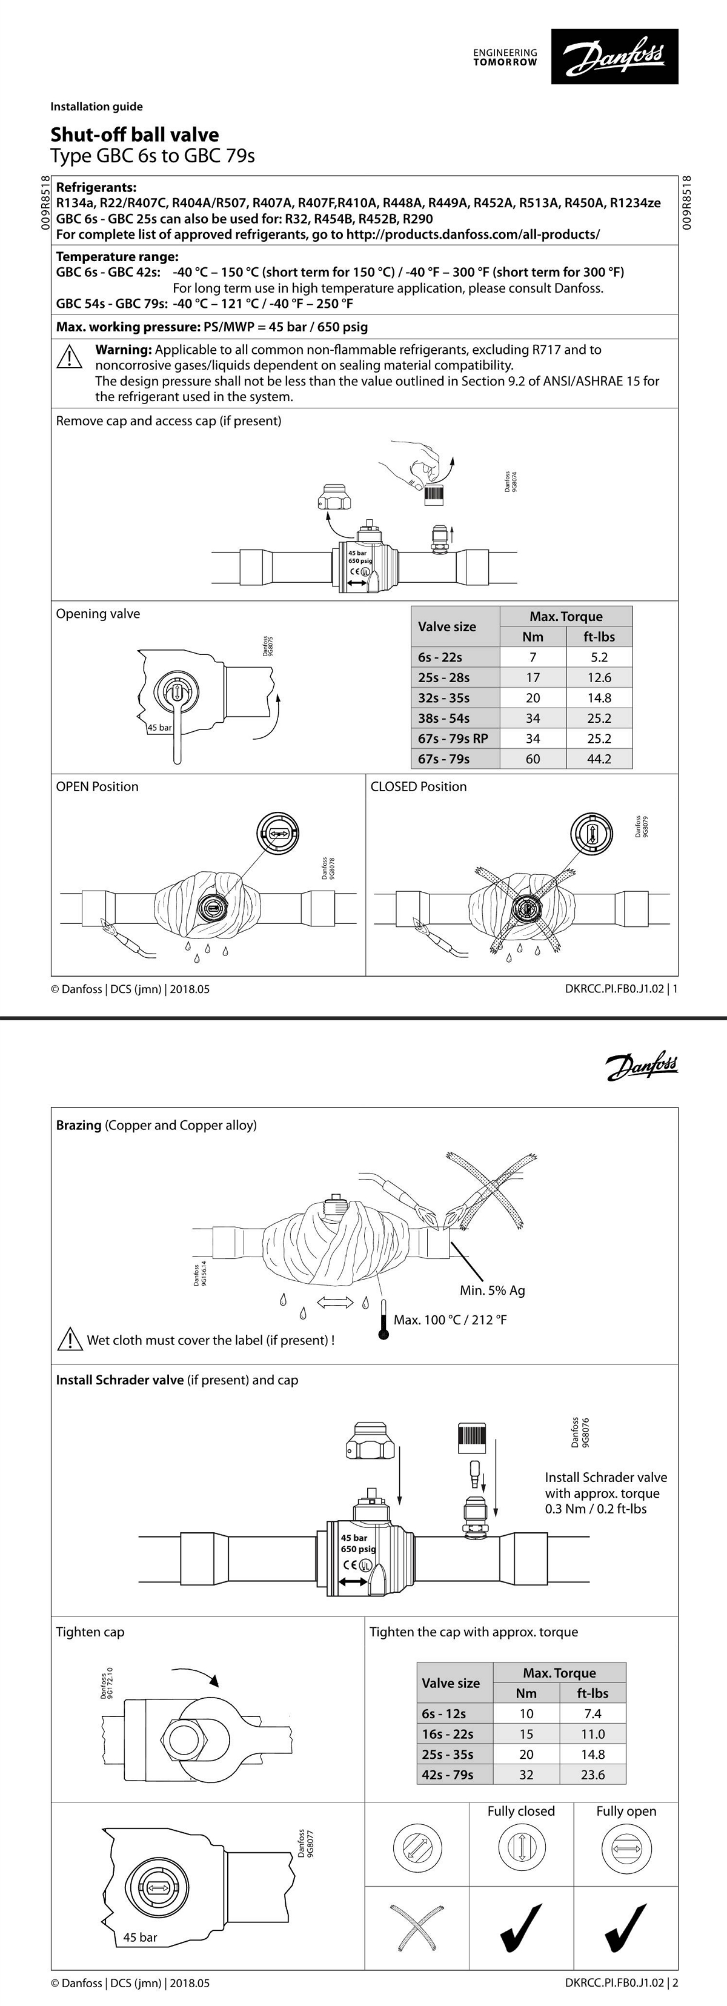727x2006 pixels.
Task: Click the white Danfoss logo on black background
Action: [614, 57]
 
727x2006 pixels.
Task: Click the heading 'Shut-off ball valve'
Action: [134, 135]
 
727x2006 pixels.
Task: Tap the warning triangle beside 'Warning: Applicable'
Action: [69, 357]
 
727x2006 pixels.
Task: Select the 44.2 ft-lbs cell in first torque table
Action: [599, 759]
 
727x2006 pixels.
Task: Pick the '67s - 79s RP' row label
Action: [453, 738]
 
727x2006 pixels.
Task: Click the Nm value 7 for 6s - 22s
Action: [533, 657]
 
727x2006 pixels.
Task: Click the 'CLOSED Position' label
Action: [419, 786]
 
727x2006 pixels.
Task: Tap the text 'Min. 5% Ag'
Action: [492, 1290]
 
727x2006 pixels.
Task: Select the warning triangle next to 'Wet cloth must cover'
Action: [70, 1340]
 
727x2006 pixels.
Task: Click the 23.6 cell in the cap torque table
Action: [593, 1775]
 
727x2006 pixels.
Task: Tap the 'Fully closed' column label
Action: [521, 1812]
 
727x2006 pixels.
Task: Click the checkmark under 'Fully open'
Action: [626, 1927]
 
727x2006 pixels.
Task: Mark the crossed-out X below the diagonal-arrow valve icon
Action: [417, 1927]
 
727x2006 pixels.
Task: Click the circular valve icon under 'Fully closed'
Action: [521, 1847]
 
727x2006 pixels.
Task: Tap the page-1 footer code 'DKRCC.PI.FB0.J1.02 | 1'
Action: [621, 989]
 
